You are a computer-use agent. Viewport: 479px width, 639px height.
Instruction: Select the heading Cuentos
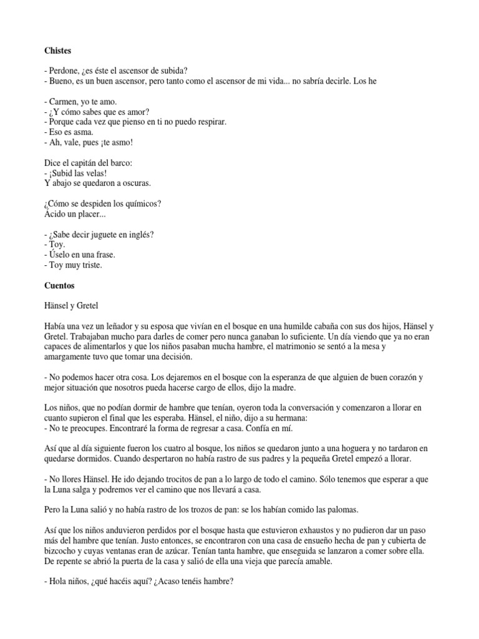pyautogui.click(x=60, y=285)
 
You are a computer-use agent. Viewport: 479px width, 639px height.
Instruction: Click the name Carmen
pyautogui.click(x=65, y=101)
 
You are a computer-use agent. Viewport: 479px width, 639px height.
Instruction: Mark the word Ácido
pyautogui.click(x=56, y=214)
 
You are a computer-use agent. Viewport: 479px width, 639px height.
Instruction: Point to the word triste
pyautogui.click(x=91, y=265)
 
